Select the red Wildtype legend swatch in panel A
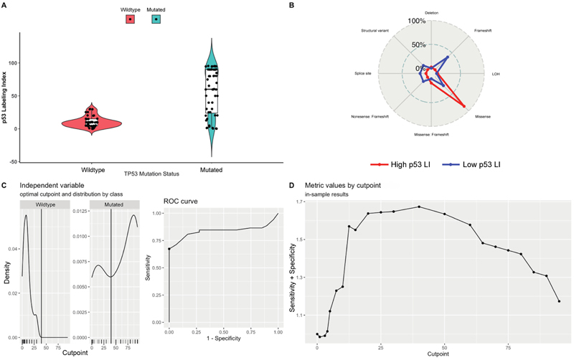tap(129, 19)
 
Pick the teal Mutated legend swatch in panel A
tap(156, 19)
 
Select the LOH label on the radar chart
tap(496, 73)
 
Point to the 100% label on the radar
tap(417, 21)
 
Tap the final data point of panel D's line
tap(559, 301)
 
